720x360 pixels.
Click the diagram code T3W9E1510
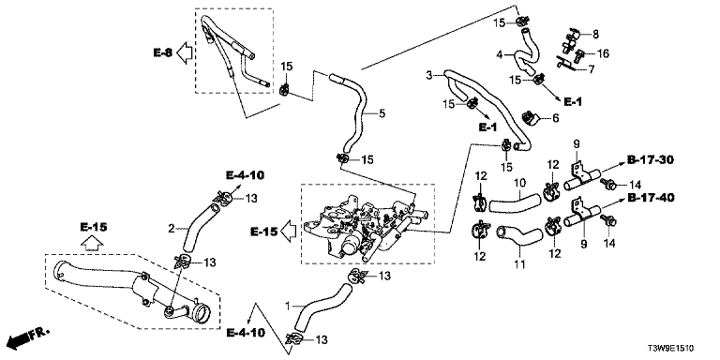tap(672, 348)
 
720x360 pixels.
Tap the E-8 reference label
tap(162, 52)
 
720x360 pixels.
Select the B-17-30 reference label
tap(651, 159)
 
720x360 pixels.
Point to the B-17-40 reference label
tap(651, 198)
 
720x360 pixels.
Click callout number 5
tap(382, 112)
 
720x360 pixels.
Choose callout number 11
tap(519, 264)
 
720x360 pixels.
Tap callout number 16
tap(603, 53)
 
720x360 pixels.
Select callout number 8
tap(595, 34)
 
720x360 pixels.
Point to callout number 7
tap(592, 69)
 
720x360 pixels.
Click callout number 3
tap(428, 75)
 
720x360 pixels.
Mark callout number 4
tap(500, 56)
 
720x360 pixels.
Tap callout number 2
tap(172, 228)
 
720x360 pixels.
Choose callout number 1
tap(288, 305)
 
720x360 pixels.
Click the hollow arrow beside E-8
tap(185, 52)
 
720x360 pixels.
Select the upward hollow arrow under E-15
tap(92, 244)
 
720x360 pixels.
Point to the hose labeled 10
tap(516, 203)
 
